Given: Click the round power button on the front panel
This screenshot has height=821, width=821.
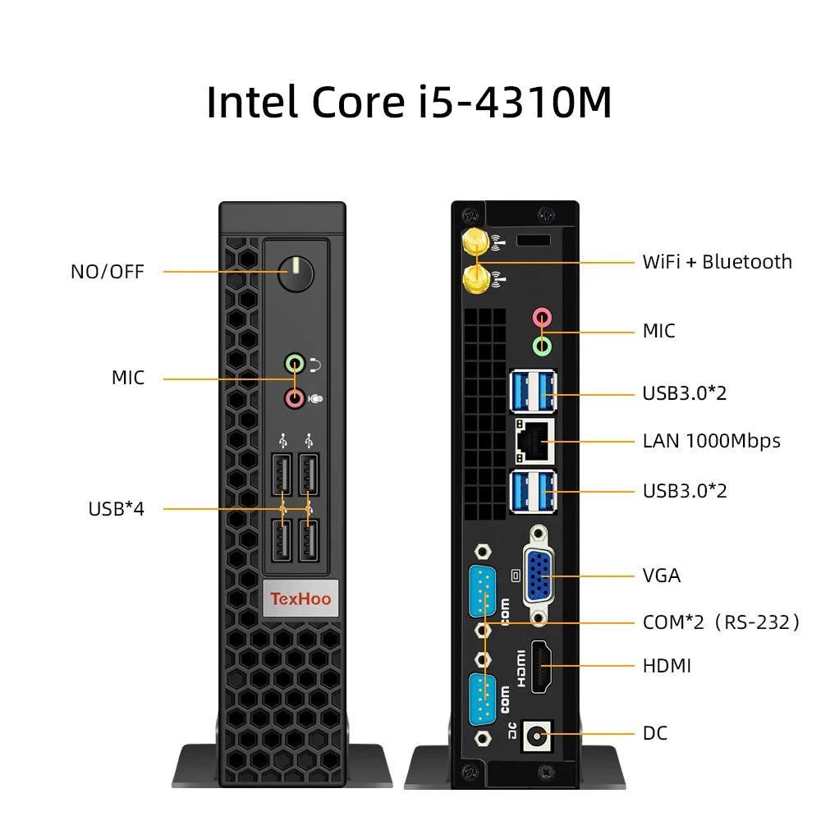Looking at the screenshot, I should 296,273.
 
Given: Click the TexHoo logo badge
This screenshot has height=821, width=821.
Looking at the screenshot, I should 300,599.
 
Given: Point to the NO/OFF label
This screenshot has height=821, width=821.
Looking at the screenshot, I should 108,272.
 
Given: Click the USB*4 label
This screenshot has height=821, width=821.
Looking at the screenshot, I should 116,509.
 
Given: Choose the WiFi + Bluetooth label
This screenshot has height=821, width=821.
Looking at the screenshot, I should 717,262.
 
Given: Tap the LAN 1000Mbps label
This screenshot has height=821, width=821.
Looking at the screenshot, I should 711,441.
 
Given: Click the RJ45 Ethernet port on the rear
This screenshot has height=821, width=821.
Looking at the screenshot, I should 534,441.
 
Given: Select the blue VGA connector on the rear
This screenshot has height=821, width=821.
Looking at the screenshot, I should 539,574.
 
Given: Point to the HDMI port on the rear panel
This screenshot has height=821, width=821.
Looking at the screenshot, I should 540,665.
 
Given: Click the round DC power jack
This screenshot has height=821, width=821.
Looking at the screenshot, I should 537,734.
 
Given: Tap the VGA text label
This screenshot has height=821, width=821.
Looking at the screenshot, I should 662,576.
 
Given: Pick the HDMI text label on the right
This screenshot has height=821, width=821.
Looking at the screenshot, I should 667,666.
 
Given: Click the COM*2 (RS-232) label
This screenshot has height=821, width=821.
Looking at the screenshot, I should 721,622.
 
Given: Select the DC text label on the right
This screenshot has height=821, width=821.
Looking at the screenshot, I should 655,733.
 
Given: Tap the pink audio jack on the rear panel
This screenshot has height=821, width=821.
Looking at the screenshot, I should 542,317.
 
